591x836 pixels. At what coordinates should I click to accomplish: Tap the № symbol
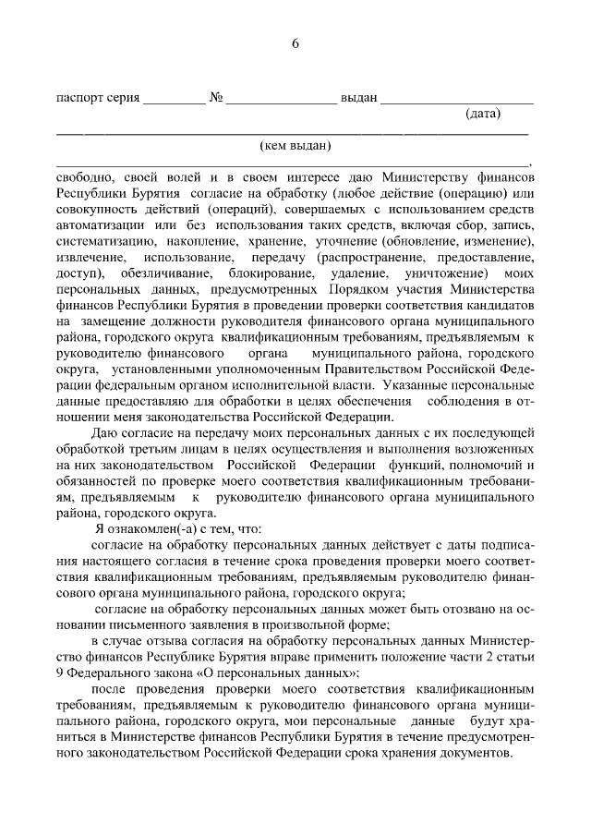point(215,98)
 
